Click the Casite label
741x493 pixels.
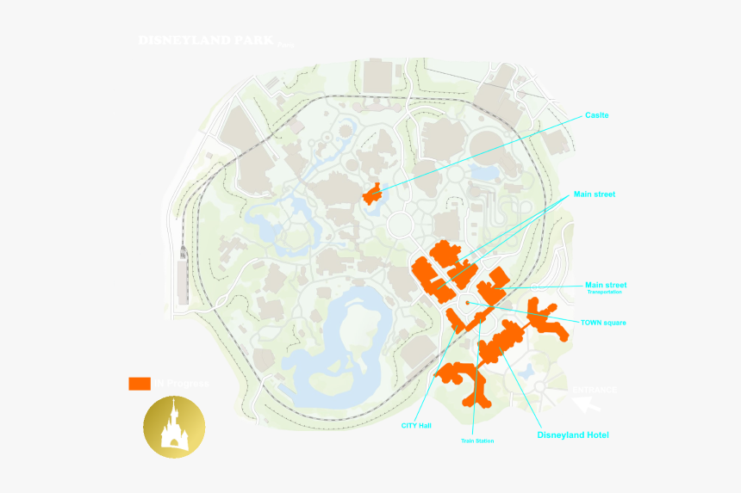tap(597, 115)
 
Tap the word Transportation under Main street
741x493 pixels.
tap(605, 293)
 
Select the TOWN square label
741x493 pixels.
tap(603, 323)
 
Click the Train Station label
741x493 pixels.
tap(477, 441)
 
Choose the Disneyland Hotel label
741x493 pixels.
tap(573, 435)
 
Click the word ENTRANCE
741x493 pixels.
tap(595, 390)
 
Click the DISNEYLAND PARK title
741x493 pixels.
tap(207, 40)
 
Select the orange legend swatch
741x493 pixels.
tap(140, 383)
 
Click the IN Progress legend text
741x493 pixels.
tap(180, 383)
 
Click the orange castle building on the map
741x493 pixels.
tap(372, 194)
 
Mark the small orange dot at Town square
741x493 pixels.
tap(467, 303)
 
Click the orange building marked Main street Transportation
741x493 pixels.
tap(495, 286)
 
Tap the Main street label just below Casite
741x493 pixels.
tap(595, 194)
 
